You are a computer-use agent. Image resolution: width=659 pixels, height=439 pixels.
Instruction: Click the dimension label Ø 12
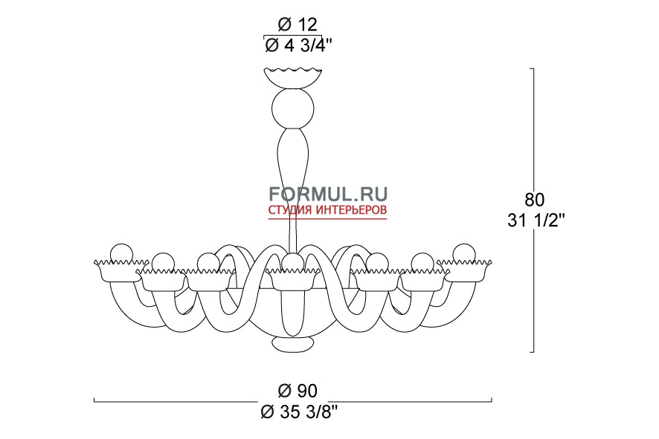[297, 25]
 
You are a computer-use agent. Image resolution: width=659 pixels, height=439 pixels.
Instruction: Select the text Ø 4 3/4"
[298, 45]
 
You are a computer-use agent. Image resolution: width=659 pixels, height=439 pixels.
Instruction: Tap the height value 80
[535, 200]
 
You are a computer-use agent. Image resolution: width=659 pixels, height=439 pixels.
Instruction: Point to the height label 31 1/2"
[536, 220]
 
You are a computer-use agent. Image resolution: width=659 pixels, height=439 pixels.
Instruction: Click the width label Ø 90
[297, 391]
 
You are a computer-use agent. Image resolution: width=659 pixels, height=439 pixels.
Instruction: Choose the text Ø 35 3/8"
[299, 412]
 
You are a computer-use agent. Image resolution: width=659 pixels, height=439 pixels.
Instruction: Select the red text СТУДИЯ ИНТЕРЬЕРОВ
[328, 210]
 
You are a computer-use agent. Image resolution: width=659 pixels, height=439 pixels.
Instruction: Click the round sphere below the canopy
[293, 108]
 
